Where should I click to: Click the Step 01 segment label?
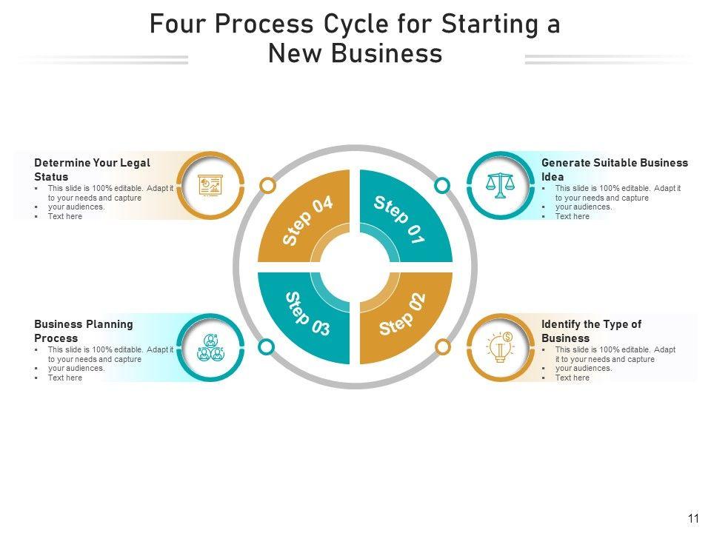click(399, 220)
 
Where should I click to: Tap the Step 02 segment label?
click(403, 315)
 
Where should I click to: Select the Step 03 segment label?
click(307, 314)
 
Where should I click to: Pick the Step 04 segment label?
click(307, 221)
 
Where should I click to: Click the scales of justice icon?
click(501, 185)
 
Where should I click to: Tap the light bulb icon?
click(501, 347)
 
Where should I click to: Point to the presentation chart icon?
click(211, 185)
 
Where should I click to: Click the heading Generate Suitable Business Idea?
click(614, 170)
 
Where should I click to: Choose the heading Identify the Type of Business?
click(591, 331)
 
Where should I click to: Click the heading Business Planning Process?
click(83, 331)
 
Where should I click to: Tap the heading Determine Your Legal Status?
click(92, 170)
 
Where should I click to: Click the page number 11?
click(693, 519)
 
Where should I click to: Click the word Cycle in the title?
click(358, 24)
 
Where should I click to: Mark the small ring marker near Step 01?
click(441, 185)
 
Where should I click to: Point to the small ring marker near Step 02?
click(442, 346)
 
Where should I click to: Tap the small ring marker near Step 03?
click(267, 346)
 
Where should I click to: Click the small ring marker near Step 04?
click(268, 185)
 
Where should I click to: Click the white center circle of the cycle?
click(355, 267)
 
